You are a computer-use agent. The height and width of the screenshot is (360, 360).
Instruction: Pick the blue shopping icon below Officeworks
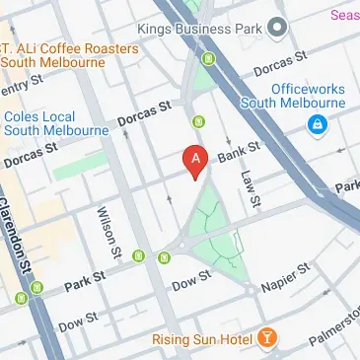pyautogui.click(x=319, y=124)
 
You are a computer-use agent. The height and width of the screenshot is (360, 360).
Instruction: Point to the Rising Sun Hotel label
pyautogui.click(x=203, y=340)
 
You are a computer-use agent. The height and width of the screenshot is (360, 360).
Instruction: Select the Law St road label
pyautogui.click(x=249, y=188)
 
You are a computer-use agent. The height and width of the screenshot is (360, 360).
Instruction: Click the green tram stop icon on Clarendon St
pyautogui.click(x=36, y=288)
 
